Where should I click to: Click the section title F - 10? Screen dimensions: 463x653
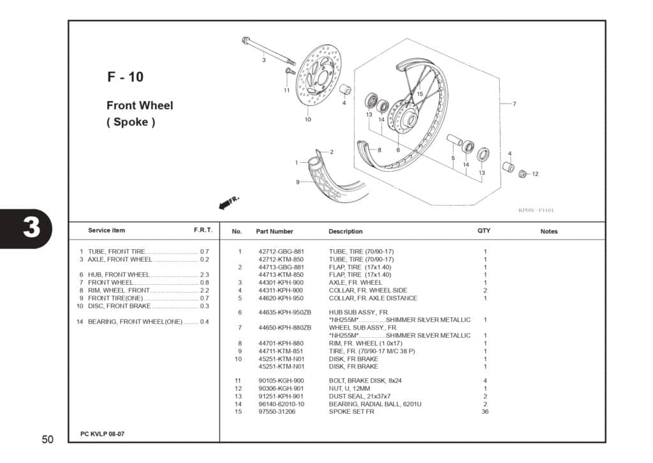(x=125, y=77)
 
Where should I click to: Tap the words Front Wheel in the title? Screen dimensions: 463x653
(x=140, y=105)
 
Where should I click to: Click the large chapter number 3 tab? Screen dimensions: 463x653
(x=31, y=228)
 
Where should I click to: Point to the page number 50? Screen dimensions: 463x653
(x=48, y=439)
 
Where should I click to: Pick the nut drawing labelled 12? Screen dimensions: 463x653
(x=523, y=174)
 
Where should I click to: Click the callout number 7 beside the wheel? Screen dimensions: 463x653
(x=514, y=103)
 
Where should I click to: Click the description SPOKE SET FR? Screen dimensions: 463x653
(x=351, y=411)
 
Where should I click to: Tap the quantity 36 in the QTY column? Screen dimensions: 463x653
(x=485, y=411)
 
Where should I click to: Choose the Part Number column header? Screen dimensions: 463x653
(x=274, y=231)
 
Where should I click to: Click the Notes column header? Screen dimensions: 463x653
(x=548, y=231)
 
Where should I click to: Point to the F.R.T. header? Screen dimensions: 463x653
(x=203, y=230)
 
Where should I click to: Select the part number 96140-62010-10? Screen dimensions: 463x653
(x=281, y=404)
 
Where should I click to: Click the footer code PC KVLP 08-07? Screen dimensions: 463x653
(x=102, y=434)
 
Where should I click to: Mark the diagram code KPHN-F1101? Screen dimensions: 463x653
(x=536, y=209)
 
